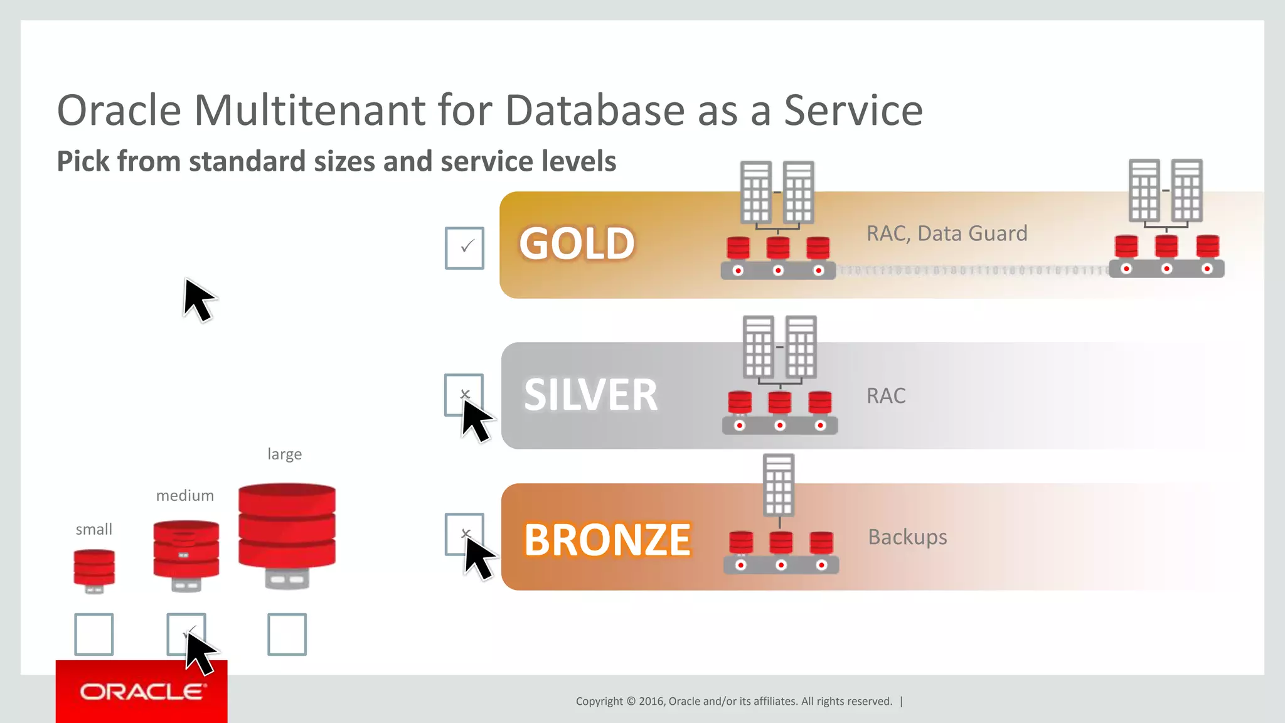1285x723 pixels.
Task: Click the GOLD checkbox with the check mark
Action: pyautogui.click(x=464, y=248)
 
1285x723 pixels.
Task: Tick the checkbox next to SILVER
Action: pyautogui.click(x=463, y=394)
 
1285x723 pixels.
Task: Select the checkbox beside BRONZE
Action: pyautogui.click(x=464, y=534)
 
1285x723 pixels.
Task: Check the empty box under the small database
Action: pyautogui.click(x=94, y=635)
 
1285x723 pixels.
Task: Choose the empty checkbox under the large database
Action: pyautogui.click(x=287, y=635)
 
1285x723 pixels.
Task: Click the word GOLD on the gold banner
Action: pyautogui.click(x=577, y=244)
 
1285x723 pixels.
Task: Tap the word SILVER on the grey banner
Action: pyautogui.click(x=590, y=395)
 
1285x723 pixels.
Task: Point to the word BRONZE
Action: pyautogui.click(x=607, y=540)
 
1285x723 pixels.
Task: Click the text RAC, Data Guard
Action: pyautogui.click(x=946, y=233)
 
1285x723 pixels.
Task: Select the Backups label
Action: pyautogui.click(x=907, y=537)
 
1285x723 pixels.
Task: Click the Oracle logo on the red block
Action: pyautogui.click(x=142, y=692)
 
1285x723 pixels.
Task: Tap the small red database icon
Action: pyautogui.click(x=94, y=570)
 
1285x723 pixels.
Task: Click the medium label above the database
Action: pyautogui.click(x=184, y=496)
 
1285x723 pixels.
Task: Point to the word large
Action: pyautogui.click(x=284, y=454)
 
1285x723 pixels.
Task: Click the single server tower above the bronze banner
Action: pyautogui.click(x=779, y=485)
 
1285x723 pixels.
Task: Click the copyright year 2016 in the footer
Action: pyautogui.click(x=651, y=702)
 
